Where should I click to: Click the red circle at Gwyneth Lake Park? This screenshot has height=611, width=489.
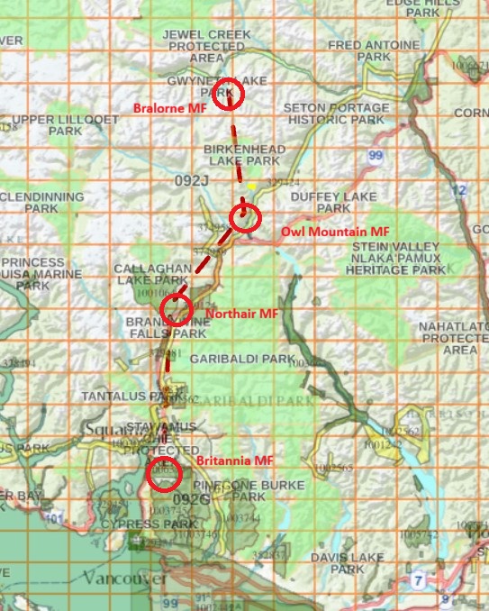coord(229,91)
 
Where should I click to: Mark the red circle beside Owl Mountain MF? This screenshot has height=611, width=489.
coord(244,217)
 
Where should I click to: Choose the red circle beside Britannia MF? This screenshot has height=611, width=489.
coord(164,474)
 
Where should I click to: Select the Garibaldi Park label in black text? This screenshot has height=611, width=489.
coord(241,359)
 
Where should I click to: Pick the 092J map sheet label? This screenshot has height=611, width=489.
coord(192,181)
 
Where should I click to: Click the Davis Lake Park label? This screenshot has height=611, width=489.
coord(334,563)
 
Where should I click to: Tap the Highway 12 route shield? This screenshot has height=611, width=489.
coord(461,189)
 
